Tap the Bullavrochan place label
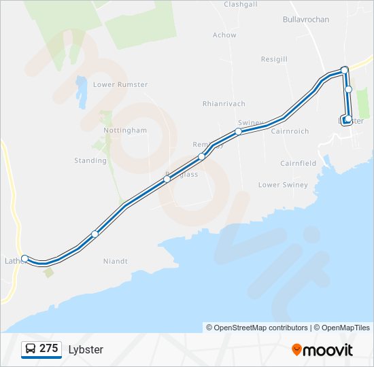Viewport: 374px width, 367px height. (305, 20)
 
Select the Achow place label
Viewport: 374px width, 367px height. (224, 35)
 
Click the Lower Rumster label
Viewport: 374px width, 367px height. (120, 85)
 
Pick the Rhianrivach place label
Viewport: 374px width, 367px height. (223, 104)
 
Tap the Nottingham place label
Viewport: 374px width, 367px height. (125, 130)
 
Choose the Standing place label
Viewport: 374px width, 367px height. (90, 161)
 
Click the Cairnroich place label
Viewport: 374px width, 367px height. (290, 131)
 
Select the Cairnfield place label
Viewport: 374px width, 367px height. (298, 164)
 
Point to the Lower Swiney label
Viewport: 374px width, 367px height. (283, 185)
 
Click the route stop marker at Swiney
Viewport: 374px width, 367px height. (239, 131)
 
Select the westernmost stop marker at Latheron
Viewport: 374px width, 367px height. (24, 258)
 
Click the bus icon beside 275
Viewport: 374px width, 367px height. (31, 349)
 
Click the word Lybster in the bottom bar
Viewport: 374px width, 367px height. (86, 350)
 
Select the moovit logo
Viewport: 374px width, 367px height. (322, 350)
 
